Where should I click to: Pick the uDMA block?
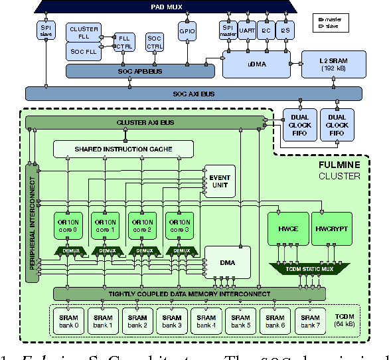click(x=256, y=64)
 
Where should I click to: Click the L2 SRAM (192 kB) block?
click(x=333, y=63)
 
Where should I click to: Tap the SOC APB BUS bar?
click(x=135, y=70)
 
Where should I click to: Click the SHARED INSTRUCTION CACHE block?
click(x=123, y=149)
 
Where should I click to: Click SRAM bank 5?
click(x=242, y=321)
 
